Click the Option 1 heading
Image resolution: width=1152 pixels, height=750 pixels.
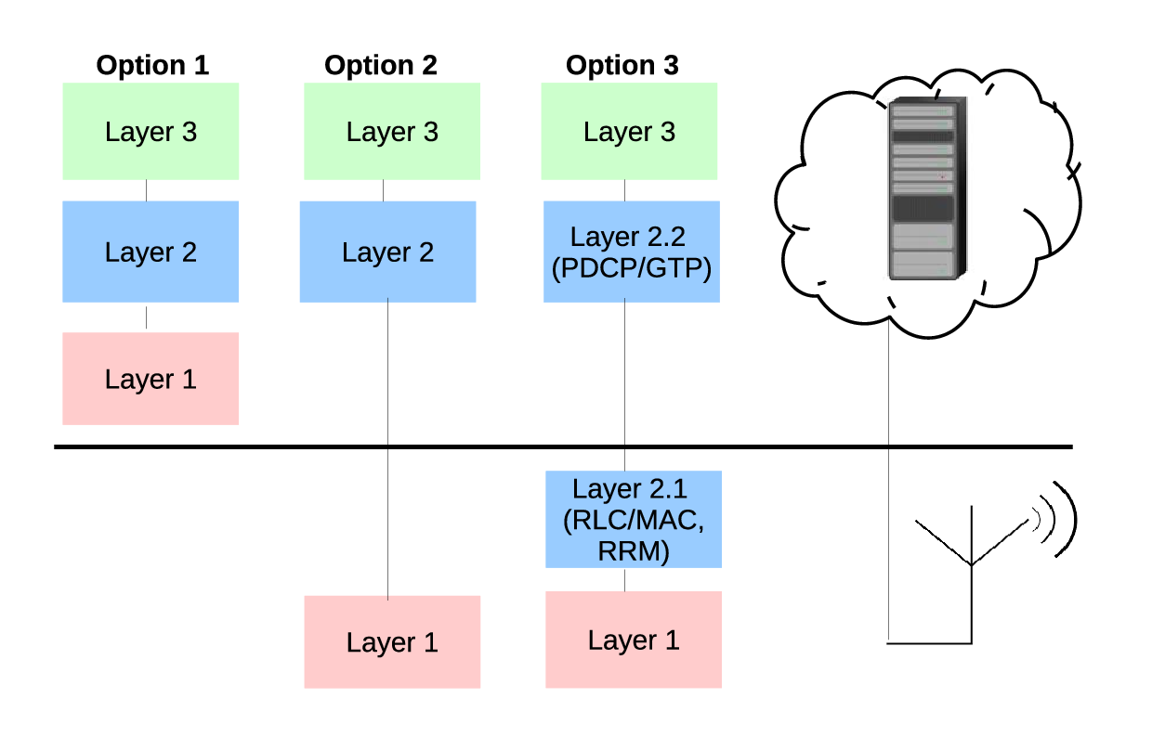point(152,65)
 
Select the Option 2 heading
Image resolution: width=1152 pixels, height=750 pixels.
point(381,65)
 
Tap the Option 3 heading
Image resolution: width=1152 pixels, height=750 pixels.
point(622,65)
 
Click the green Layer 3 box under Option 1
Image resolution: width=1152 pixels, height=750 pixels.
point(151,132)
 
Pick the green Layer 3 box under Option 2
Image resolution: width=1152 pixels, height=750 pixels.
point(392,132)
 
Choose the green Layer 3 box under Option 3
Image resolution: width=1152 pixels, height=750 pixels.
point(629,132)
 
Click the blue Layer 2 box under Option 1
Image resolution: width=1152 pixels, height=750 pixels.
point(151,252)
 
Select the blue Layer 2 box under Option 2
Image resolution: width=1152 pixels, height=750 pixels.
point(387,252)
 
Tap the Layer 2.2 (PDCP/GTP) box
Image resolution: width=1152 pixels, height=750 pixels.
point(632,252)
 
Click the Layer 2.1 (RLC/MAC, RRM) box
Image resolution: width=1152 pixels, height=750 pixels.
point(634,520)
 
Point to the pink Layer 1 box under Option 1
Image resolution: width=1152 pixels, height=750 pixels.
point(151,379)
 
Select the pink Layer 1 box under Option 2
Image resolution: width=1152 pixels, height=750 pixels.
point(392,642)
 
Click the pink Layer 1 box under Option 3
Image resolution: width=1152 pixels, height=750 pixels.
point(634,640)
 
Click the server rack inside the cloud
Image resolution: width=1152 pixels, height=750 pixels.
point(927,188)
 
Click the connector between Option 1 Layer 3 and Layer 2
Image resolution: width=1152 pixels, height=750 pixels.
point(146,190)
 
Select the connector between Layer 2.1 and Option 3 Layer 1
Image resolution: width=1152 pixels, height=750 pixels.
point(625,580)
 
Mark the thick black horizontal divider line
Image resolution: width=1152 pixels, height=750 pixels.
point(564,446)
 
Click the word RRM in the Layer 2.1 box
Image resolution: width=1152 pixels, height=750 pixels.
point(634,551)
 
